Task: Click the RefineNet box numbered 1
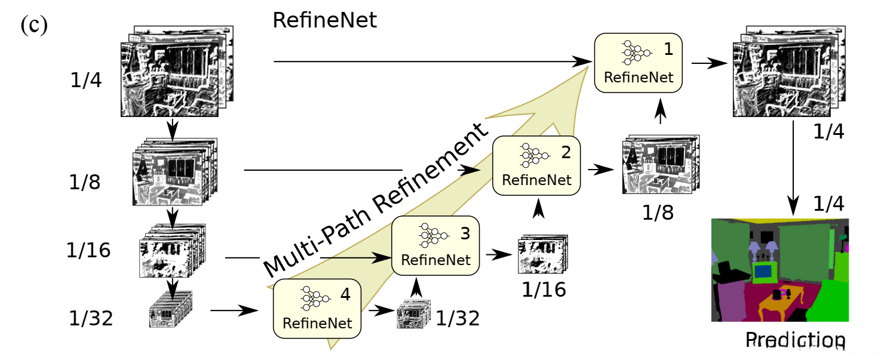[x=638, y=63]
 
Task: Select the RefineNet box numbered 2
[x=536, y=165]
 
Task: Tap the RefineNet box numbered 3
[x=435, y=245]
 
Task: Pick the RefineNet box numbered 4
[x=317, y=309]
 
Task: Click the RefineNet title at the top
[x=325, y=20]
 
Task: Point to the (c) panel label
[x=34, y=24]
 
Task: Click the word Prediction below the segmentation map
[x=796, y=340]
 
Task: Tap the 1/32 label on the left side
[x=91, y=318]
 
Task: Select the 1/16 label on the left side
[x=88, y=250]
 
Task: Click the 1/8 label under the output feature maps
[x=658, y=213]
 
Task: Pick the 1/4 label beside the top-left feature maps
[x=86, y=79]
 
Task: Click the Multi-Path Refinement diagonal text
[x=376, y=200]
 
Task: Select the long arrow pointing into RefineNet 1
[x=433, y=61]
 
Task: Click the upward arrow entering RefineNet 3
[x=416, y=287]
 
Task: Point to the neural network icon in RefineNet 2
[x=535, y=155]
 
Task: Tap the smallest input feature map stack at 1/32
[x=170, y=309]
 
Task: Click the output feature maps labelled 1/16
[x=543, y=254]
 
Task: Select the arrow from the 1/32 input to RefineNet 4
[x=234, y=310]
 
